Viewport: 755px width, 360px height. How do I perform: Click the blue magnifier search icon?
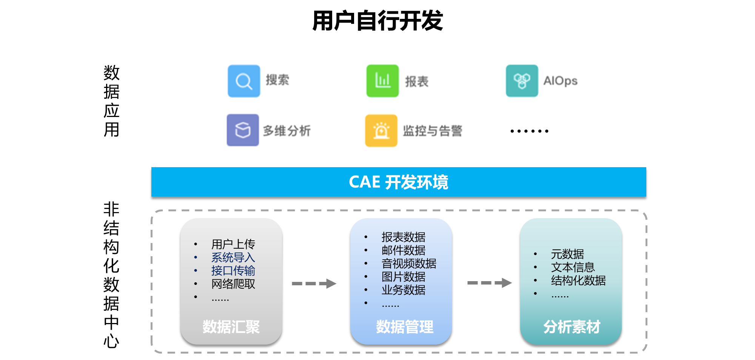click(x=244, y=81)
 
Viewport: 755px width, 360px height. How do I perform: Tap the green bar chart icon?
click(x=382, y=81)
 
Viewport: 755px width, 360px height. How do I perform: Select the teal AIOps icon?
click(x=522, y=81)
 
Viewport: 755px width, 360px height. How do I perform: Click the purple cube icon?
click(x=243, y=130)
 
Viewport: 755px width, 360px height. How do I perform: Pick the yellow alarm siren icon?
click(x=381, y=131)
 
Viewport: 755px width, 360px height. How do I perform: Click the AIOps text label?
click(x=560, y=81)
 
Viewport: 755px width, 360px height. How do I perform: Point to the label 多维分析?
click(x=287, y=131)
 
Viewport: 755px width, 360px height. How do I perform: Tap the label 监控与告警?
click(x=432, y=131)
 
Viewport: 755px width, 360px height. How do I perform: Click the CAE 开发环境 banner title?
click(x=398, y=182)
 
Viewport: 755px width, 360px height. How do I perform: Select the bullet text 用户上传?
click(x=233, y=244)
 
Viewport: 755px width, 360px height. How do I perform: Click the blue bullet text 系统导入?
click(x=233, y=257)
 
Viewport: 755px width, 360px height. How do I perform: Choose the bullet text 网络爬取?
click(x=233, y=284)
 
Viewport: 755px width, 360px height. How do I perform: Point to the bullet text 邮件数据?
click(x=403, y=250)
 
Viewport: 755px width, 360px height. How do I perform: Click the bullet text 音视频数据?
click(x=408, y=263)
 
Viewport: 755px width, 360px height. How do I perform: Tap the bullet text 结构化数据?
click(x=578, y=280)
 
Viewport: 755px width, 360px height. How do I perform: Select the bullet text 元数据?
click(x=567, y=254)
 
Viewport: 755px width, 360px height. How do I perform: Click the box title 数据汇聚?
click(x=231, y=327)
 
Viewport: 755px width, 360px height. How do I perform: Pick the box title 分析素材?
click(x=572, y=327)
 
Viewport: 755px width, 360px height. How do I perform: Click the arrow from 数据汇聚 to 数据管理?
click(x=314, y=283)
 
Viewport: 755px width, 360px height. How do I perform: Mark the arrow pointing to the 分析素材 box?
click(x=490, y=283)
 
